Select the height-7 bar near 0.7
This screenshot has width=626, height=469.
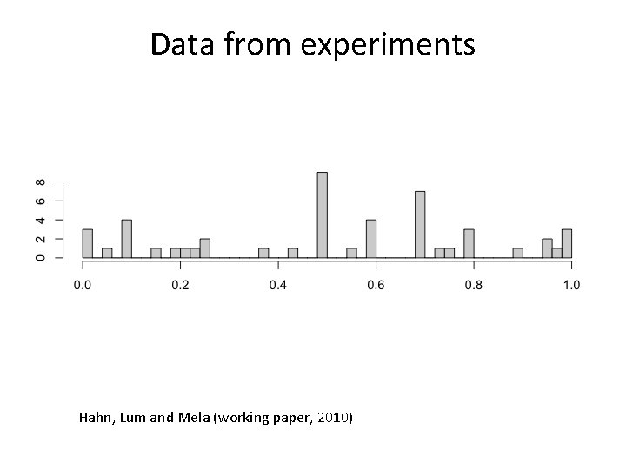tap(420, 225)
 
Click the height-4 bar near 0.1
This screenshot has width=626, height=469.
tap(126, 239)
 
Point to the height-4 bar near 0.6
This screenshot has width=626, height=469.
tap(371, 239)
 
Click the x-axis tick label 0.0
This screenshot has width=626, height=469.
tap(83, 285)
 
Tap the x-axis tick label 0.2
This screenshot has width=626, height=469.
tap(180, 285)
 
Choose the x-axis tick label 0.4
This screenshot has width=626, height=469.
tap(277, 285)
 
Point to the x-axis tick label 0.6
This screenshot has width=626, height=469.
tap(376, 285)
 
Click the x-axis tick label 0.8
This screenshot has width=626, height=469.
tap(473, 285)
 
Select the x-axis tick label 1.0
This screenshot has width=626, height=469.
tap(571, 285)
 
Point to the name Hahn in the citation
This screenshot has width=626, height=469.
tap(96, 419)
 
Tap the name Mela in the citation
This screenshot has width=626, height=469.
tap(194, 419)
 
